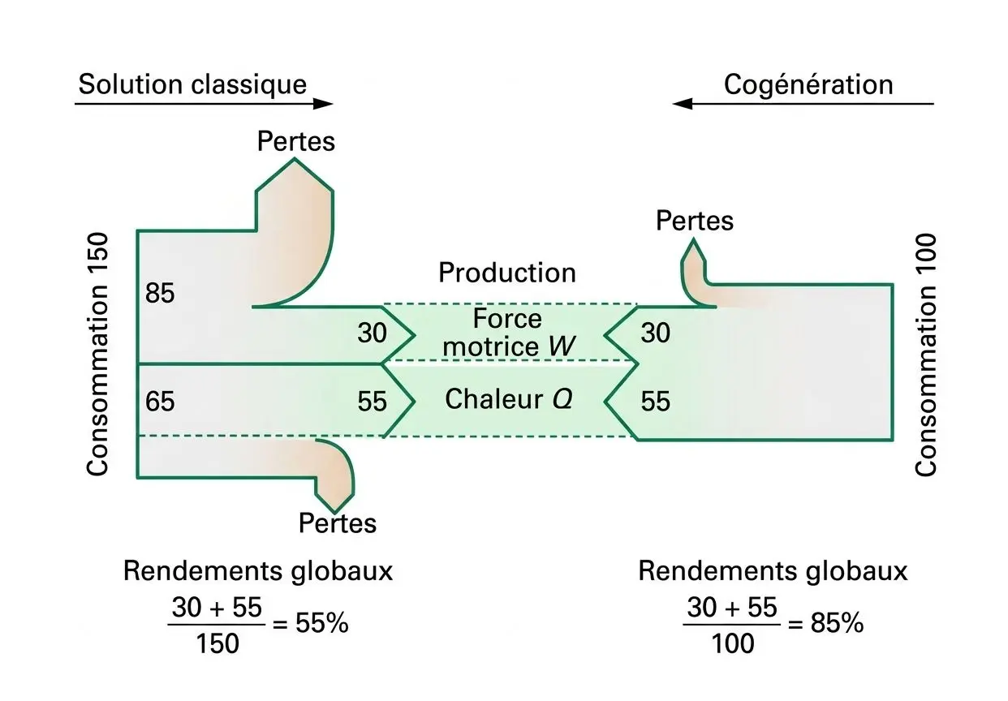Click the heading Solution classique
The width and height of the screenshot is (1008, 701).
(x=192, y=84)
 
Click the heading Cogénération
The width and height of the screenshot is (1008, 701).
(x=808, y=84)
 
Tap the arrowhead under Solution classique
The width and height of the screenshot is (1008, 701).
(x=323, y=104)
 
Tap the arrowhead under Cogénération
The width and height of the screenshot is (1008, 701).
(x=683, y=104)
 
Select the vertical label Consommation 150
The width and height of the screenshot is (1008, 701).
(x=97, y=355)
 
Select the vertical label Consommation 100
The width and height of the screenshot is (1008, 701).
(x=926, y=355)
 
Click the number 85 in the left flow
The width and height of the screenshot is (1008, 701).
(x=160, y=293)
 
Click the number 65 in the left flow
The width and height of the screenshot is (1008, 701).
(x=160, y=402)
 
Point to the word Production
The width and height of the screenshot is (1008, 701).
(x=507, y=273)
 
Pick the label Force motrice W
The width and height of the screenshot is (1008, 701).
(x=510, y=333)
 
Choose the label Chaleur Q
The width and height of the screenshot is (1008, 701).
(x=509, y=399)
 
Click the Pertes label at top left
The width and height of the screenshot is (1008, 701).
(x=295, y=141)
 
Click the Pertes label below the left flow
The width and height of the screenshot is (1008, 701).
(x=338, y=523)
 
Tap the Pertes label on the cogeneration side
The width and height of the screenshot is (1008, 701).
(x=694, y=221)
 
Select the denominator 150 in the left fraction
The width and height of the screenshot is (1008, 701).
(x=217, y=644)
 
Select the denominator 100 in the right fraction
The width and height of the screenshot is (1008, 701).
(x=732, y=644)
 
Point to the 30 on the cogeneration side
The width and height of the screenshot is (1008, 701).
(x=656, y=333)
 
